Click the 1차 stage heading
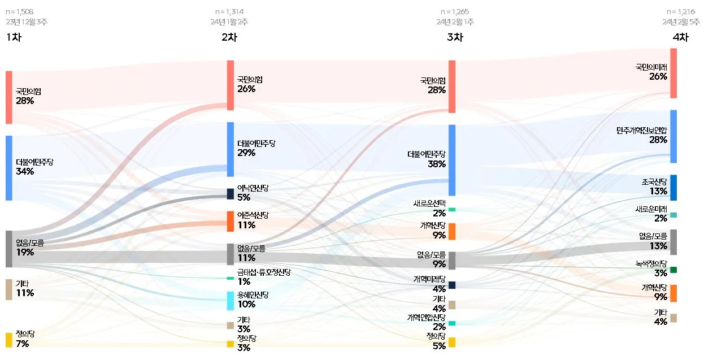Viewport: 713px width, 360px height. coord(13,38)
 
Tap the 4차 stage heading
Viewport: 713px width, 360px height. coord(680,38)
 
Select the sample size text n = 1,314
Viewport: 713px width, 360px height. coord(229,11)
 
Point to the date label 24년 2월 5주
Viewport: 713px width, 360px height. coord(681,22)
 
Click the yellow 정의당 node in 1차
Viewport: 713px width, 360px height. coord(8,340)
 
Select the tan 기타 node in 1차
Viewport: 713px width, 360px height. coord(8,289)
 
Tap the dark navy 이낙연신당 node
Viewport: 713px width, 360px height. coord(231,194)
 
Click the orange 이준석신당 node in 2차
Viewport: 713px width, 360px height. coord(231,221)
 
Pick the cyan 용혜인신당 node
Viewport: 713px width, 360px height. coord(231,301)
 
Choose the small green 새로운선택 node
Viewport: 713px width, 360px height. coord(452,210)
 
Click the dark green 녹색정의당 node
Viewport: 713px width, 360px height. coord(673,270)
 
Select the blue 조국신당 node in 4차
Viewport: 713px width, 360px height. coord(673,188)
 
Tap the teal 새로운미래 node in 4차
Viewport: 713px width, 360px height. coord(673,215)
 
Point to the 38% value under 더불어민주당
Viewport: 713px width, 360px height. coord(437,164)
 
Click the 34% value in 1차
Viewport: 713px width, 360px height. coord(25,172)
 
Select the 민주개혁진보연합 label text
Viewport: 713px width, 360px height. coord(642,131)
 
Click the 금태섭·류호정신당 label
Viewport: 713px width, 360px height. coord(264,272)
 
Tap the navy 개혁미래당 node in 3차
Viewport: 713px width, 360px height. coord(452,285)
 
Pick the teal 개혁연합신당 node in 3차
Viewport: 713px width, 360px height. coord(452,323)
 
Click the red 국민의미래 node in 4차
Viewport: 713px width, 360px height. coord(673,73)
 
